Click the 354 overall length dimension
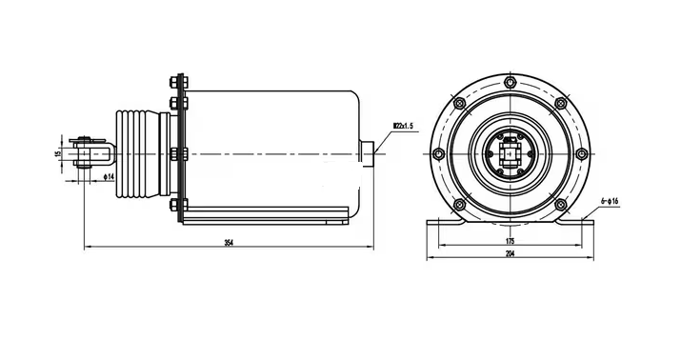tap(228, 244)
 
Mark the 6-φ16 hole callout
tap(610, 202)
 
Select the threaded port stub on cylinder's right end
tap(369, 153)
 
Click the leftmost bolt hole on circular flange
tap(437, 153)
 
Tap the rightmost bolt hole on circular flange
tap(584, 153)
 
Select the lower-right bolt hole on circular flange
tap(562, 205)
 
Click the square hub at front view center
tap(511, 153)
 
